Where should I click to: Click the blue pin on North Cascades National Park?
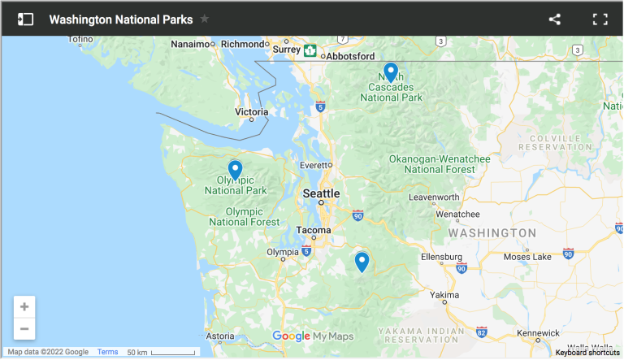391,72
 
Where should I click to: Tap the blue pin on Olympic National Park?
235,169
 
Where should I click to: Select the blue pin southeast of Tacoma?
362,262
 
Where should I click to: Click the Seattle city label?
321,193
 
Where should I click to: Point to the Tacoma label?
313,230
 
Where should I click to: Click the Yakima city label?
444,294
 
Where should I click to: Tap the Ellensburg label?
442,257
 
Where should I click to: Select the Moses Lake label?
528,257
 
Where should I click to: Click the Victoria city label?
251,111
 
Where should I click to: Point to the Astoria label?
220,336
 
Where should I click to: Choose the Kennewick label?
538,332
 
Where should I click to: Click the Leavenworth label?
434,197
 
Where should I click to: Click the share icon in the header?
555,19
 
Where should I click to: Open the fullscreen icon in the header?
600,19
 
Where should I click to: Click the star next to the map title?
205,19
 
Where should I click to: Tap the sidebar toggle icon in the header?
26,19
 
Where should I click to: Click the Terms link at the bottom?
108,352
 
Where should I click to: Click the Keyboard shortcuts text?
587,353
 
